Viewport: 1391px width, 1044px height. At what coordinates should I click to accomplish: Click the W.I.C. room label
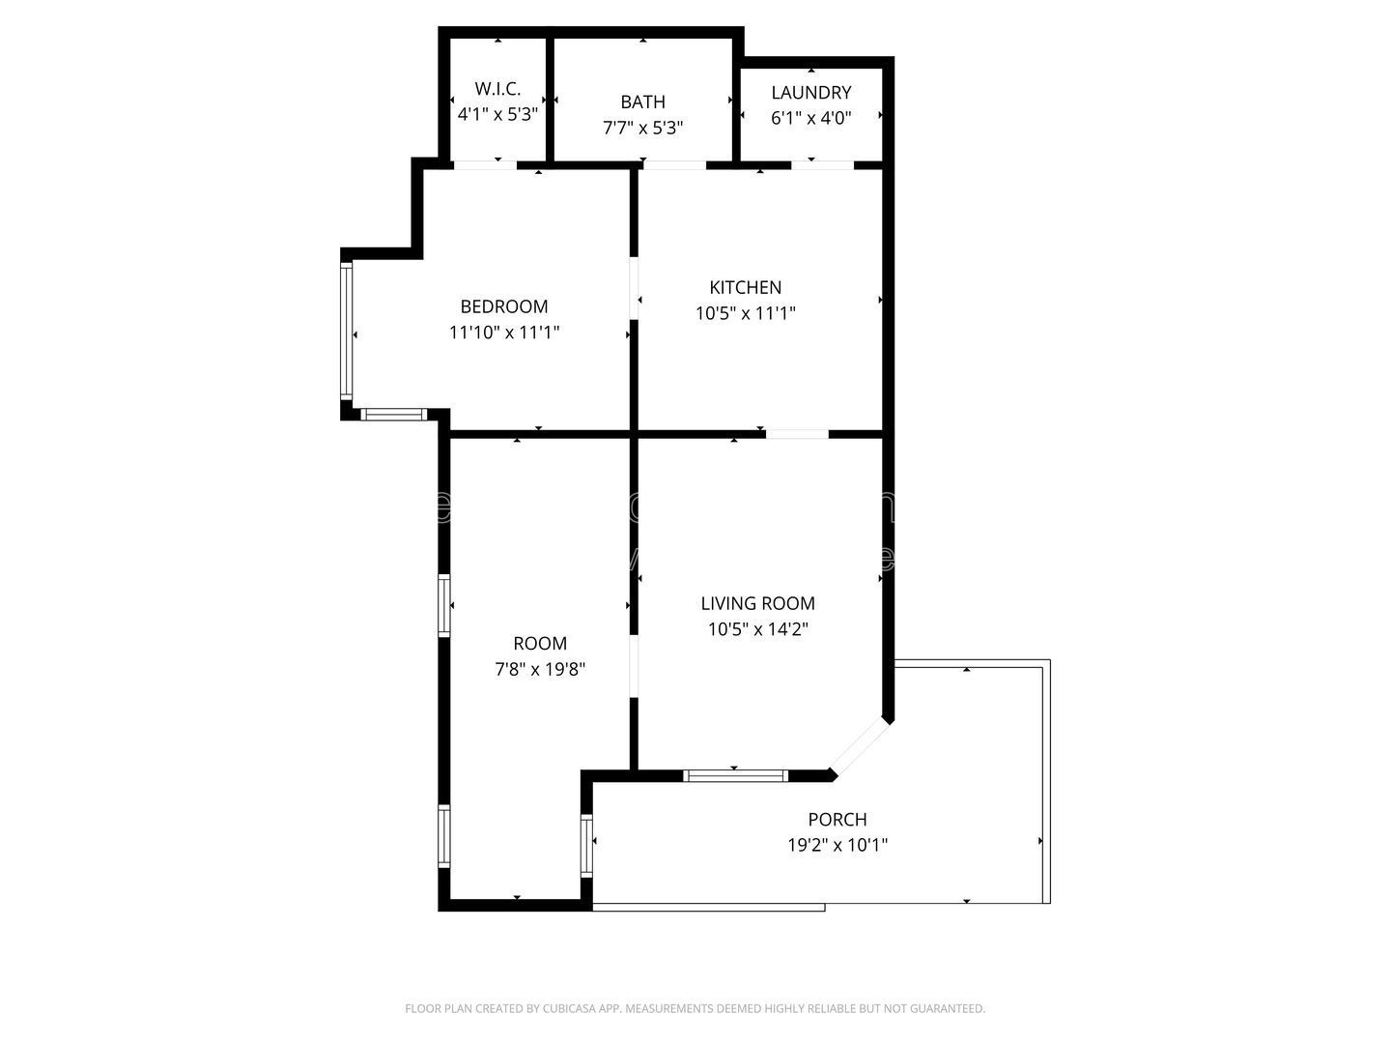[x=497, y=89]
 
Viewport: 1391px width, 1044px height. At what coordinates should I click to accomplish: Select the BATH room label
[x=642, y=101]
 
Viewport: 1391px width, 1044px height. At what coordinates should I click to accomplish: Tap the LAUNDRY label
[x=810, y=93]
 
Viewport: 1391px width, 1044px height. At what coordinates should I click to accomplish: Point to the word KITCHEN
[x=745, y=287]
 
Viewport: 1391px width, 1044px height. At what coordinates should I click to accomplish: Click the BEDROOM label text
[x=503, y=306]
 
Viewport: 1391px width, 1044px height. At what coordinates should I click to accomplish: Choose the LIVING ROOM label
[x=757, y=603]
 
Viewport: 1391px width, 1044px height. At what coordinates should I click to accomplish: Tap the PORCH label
[x=837, y=819]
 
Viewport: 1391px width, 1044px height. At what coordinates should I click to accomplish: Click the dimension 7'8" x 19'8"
[x=540, y=669]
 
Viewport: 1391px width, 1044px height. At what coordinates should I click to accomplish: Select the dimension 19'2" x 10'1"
[x=837, y=845]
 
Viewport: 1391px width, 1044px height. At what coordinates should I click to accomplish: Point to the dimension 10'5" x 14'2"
[x=757, y=629]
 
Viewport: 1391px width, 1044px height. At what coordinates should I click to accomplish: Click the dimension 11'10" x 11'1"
[x=504, y=333]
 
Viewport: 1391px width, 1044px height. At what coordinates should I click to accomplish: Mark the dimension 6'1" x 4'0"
[x=810, y=118]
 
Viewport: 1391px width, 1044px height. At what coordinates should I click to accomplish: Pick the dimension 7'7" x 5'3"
[x=642, y=128]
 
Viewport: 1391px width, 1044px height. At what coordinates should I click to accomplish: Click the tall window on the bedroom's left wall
[x=346, y=330]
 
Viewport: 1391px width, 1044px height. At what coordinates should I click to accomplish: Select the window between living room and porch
[x=735, y=775]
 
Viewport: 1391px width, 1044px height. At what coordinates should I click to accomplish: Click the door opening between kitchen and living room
[x=797, y=434]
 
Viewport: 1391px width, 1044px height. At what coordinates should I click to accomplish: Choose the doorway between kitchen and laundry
[x=822, y=165]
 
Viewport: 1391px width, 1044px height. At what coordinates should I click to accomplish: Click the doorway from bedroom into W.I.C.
[x=484, y=165]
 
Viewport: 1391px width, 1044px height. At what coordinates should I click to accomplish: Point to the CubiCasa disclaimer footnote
[x=695, y=1008]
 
